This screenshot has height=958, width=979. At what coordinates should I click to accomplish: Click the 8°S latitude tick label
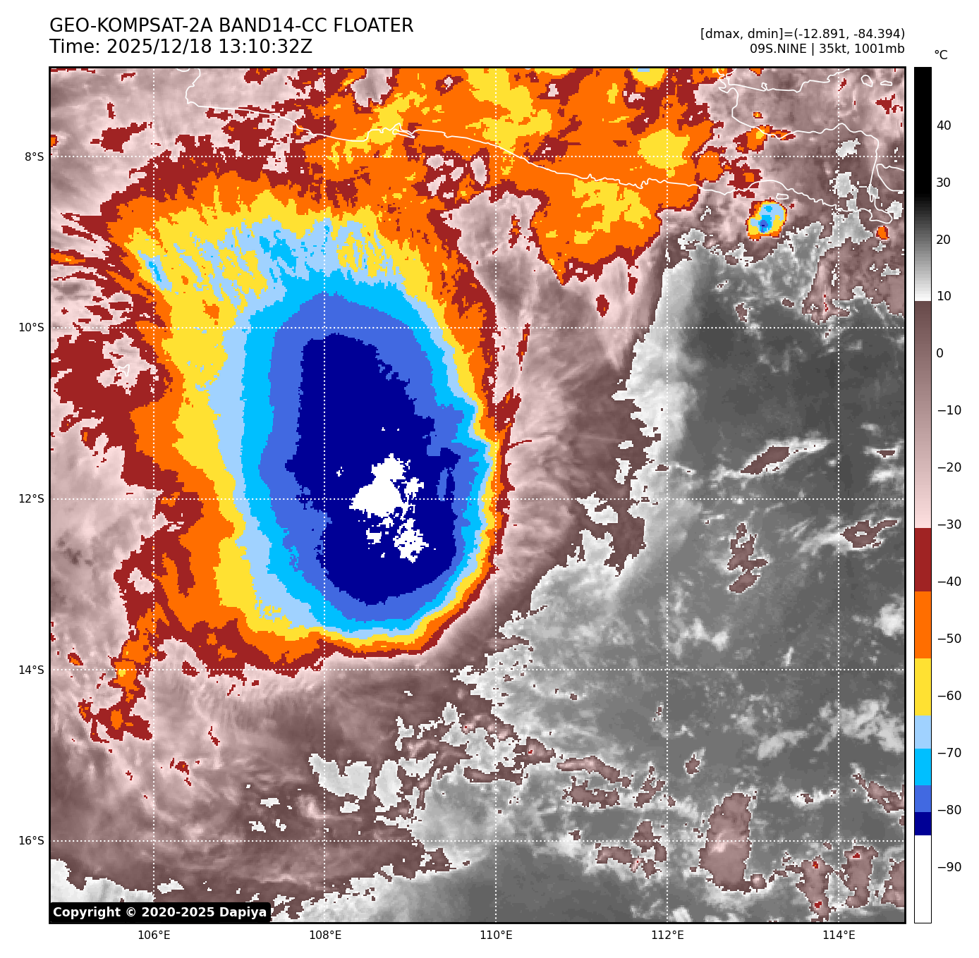34,156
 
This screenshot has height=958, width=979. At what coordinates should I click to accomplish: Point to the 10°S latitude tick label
31,327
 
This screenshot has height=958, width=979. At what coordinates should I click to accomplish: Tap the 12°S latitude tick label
31,498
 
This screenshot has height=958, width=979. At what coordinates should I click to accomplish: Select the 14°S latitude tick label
31,670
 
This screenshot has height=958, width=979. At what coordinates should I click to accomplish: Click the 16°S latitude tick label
31,840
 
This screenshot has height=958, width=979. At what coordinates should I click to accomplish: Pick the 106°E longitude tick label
154,935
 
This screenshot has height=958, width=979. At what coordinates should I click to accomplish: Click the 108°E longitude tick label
325,935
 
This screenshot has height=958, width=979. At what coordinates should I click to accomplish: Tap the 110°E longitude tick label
496,935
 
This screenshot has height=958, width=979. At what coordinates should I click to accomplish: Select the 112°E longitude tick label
667,935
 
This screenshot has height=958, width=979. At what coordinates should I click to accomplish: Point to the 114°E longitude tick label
839,935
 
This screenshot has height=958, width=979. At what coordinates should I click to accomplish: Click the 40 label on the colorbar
944,125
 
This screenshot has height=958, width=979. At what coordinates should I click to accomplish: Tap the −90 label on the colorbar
949,867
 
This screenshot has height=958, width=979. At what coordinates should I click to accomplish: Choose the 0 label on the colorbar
940,353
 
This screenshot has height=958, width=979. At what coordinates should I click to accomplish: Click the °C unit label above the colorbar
941,55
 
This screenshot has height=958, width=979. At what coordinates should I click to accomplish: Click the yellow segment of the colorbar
923,687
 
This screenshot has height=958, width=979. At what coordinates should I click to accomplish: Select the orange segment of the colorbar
923,625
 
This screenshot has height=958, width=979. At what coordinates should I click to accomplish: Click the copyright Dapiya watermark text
160,912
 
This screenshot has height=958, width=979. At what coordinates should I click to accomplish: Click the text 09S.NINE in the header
777,49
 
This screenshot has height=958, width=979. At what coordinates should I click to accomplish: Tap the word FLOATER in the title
373,26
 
